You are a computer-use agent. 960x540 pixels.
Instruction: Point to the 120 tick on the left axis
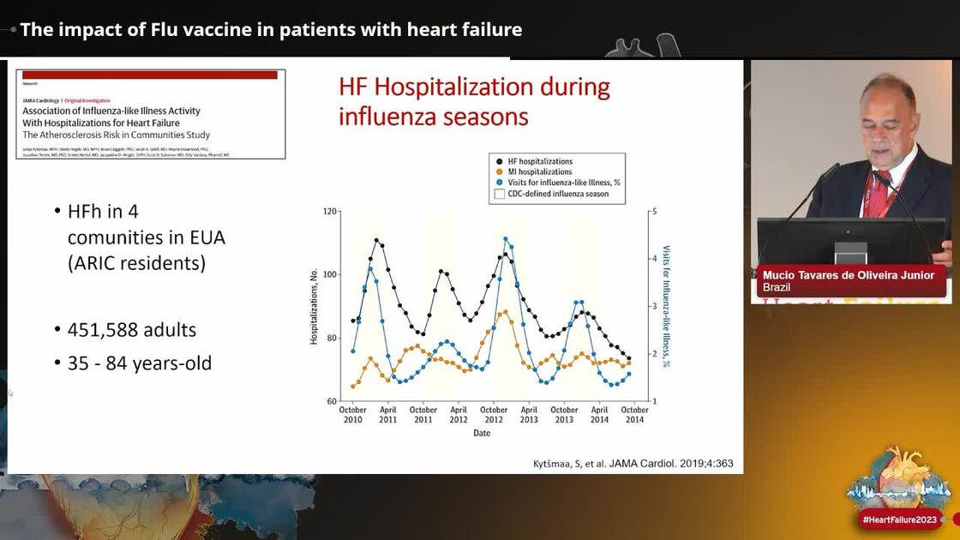tap(331, 211)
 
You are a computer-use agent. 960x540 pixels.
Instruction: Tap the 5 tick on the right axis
tap(655, 211)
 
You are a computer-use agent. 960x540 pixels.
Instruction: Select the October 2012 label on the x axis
tap(494, 415)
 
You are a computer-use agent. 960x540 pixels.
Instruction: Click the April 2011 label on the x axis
tap(387, 415)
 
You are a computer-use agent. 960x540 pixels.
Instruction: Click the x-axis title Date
tap(482, 434)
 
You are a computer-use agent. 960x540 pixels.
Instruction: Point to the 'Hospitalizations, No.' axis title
tap(314, 307)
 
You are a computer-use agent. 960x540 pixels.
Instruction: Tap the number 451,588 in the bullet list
tap(103, 330)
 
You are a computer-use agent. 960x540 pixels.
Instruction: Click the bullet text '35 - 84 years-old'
tap(140, 363)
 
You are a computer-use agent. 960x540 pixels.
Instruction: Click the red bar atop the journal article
tap(150, 75)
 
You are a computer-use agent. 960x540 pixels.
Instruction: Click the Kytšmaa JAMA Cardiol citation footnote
tap(633, 464)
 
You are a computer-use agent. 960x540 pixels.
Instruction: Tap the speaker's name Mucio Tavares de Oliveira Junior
tap(849, 275)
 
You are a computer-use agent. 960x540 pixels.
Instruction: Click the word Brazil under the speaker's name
tap(777, 288)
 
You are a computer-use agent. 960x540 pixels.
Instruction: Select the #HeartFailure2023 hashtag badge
tap(898, 520)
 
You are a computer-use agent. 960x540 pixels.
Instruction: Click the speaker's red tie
tap(879, 193)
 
